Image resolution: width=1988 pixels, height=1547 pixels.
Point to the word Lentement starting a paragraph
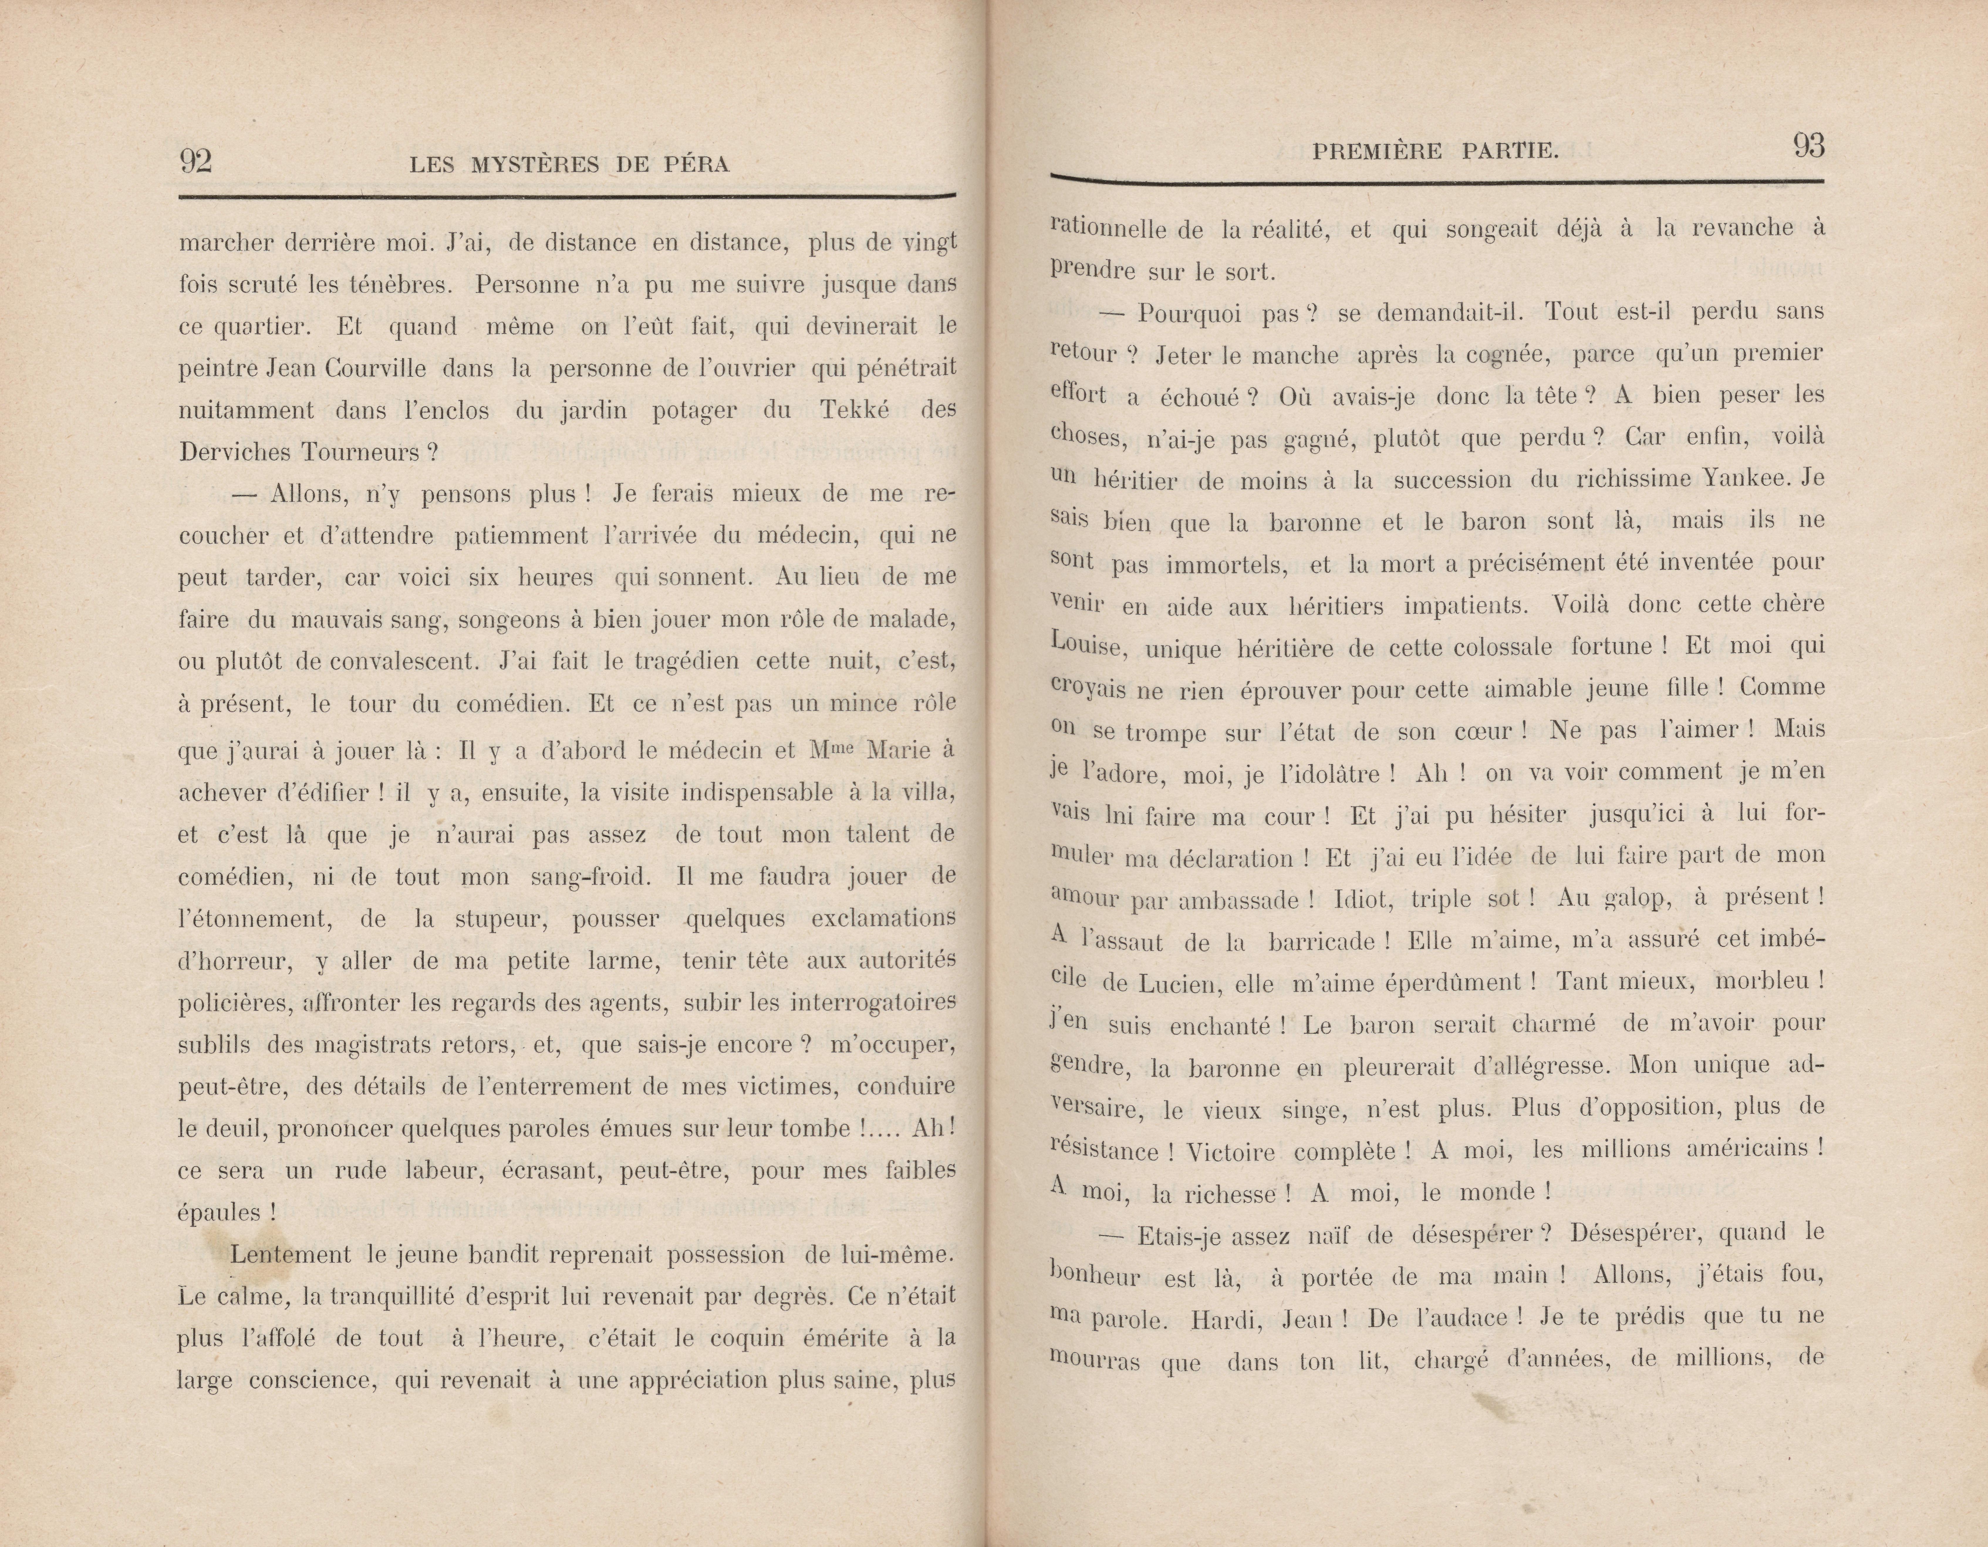[x=290, y=1255]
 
